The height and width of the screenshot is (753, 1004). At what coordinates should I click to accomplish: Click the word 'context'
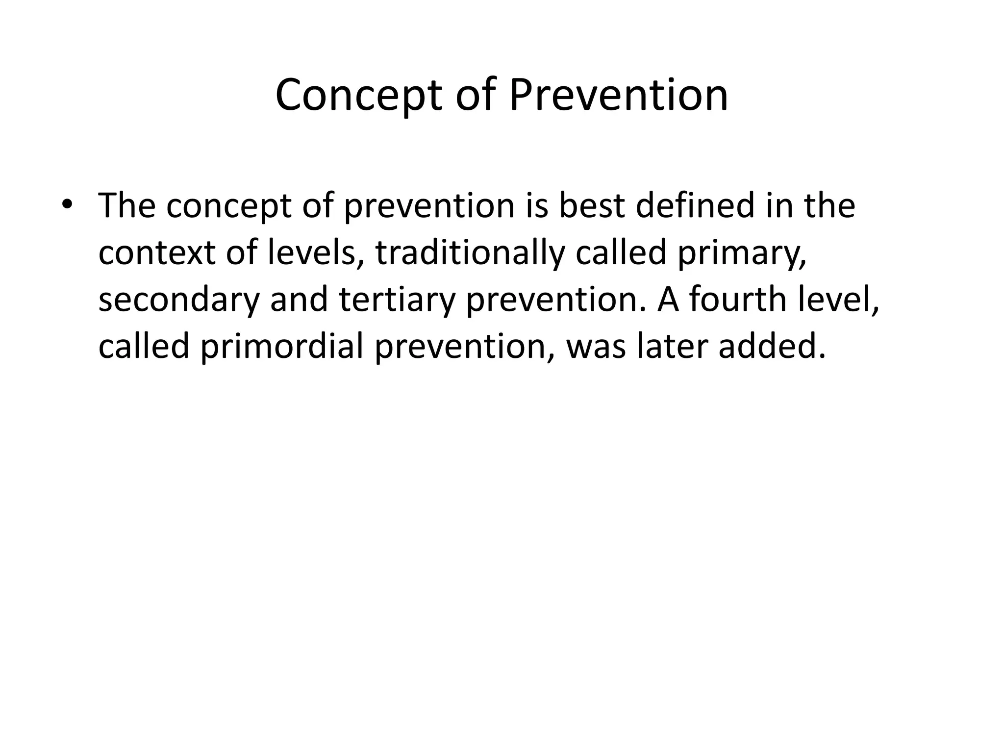157,252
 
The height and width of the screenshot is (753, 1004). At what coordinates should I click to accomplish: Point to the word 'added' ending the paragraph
772,346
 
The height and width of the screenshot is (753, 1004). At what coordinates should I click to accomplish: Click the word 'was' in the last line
596,347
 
